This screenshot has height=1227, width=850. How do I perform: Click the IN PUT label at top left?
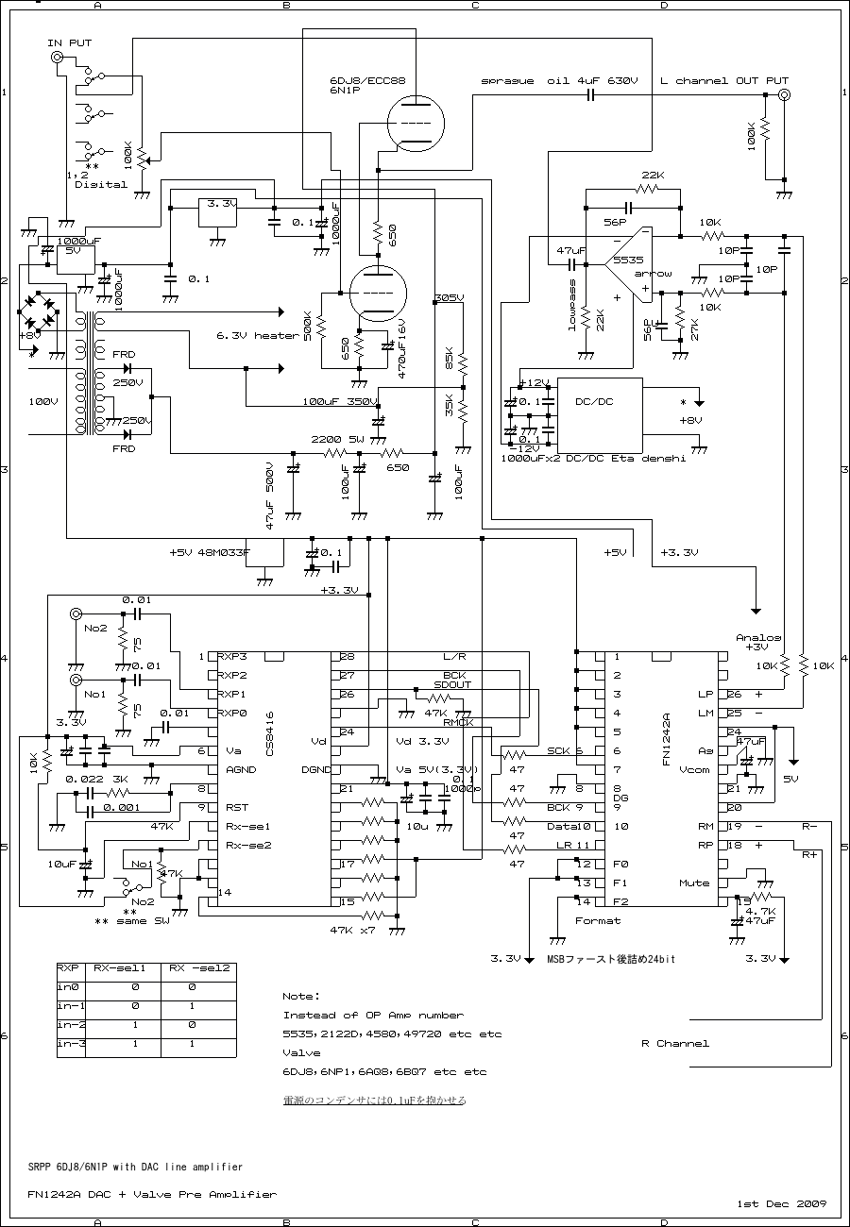pyautogui.click(x=70, y=43)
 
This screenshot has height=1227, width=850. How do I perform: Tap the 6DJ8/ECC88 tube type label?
pyautogui.click(x=366, y=80)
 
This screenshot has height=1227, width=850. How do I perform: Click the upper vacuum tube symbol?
pyautogui.click(x=416, y=124)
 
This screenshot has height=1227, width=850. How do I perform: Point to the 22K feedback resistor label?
pyautogui.click(x=652, y=176)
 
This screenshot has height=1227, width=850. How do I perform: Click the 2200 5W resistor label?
pyautogui.click(x=337, y=439)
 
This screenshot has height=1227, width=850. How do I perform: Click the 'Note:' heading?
pyautogui.click(x=301, y=996)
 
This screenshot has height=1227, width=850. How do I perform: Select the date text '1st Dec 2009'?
pyautogui.click(x=781, y=1203)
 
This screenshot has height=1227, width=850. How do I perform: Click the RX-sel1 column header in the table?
pyautogui.click(x=118, y=967)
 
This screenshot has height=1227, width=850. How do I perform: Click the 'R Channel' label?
pyautogui.click(x=674, y=1043)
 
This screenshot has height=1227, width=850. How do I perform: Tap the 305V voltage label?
pyautogui.click(x=449, y=298)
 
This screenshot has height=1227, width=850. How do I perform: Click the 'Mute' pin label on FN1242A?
pyautogui.click(x=693, y=883)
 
